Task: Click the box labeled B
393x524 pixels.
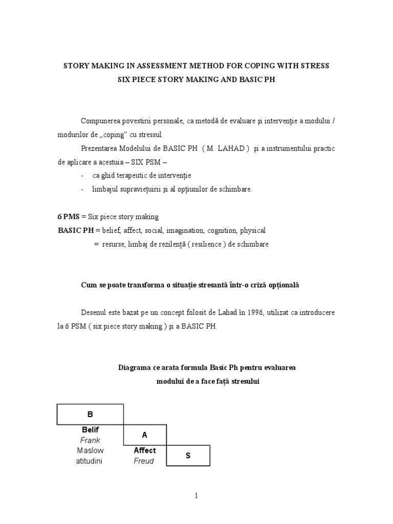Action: (x=90, y=414)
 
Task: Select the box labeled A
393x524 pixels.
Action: (x=145, y=435)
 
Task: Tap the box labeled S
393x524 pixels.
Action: (x=188, y=455)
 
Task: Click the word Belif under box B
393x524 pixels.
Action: (x=90, y=430)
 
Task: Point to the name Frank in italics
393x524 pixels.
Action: (x=90, y=440)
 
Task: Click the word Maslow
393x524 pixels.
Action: (x=90, y=450)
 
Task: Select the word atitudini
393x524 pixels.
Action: (x=90, y=461)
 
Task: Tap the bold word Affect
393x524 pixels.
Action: (x=145, y=450)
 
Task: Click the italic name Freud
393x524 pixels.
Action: (x=144, y=461)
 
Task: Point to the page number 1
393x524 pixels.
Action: (x=196, y=495)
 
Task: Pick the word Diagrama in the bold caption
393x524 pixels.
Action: (x=134, y=368)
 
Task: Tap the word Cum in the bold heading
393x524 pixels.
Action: (x=88, y=285)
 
